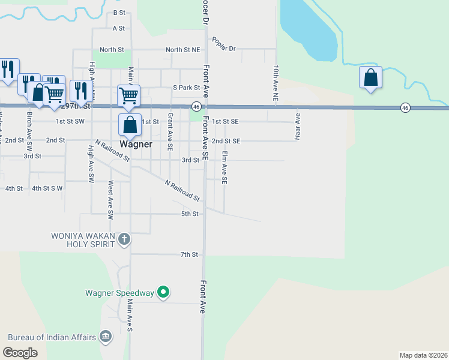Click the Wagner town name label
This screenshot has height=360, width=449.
[x=136, y=145]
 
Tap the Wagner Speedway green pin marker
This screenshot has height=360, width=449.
[x=163, y=293]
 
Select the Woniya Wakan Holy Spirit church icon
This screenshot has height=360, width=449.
[x=124, y=239]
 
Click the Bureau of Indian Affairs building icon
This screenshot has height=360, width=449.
[x=106, y=337]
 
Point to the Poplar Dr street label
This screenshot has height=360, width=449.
[x=224, y=48]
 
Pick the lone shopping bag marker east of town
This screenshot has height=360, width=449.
[x=371, y=78]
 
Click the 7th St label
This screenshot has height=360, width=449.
[x=189, y=254]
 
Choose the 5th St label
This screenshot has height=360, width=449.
[x=190, y=214]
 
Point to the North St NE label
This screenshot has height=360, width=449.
[x=182, y=50]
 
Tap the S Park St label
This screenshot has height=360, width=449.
[x=186, y=88]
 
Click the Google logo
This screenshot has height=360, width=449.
[x=20, y=353]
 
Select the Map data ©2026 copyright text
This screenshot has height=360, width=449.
[x=423, y=355]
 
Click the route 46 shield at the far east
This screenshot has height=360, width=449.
[x=406, y=107]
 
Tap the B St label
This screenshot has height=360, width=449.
[x=119, y=12]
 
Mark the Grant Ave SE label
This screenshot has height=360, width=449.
[x=170, y=131]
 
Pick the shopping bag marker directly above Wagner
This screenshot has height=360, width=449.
[x=130, y=125]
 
